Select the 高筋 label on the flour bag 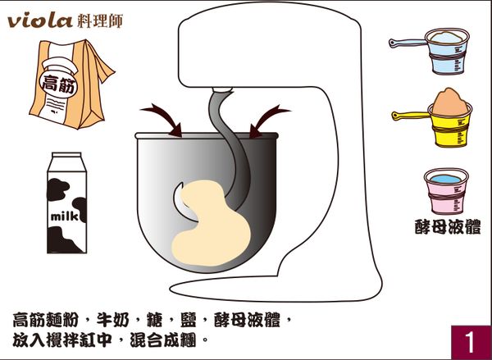tap(59, 82)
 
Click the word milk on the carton tap(66, 217)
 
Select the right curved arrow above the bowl tap(269, 117)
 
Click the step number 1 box tap(469, 340)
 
